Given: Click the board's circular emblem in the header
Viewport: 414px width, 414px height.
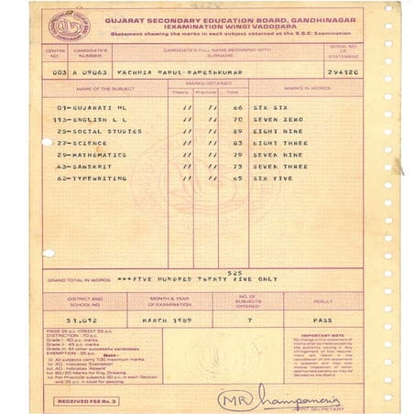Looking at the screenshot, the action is point(65,25).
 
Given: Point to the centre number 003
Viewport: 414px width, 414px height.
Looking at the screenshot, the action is point(56,70).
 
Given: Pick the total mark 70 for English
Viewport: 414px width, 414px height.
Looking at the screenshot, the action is point(235,119).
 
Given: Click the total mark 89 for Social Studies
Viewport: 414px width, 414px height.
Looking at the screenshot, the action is point(235,131).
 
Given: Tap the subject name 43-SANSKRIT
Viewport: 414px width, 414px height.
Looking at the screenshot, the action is point(77,167).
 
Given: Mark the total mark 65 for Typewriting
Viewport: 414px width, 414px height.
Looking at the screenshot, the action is point(235,179).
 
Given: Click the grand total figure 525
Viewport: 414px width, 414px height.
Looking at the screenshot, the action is point(235,273).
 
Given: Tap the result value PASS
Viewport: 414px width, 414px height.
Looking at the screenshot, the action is point(322,320).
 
